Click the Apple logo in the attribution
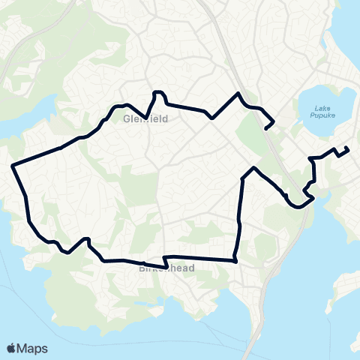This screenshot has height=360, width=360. pyautogui.click(x=11, y=347)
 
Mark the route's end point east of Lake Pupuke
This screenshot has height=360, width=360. pyautogui.click(x=347, y=147)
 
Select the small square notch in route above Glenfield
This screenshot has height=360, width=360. pyautogui.click(x=157, y=93)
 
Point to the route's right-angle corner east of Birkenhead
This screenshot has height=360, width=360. pyautogui.click(x=235, y=261)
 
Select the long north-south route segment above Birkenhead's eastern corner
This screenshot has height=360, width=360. pyautogui.click(x=239, y=217)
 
